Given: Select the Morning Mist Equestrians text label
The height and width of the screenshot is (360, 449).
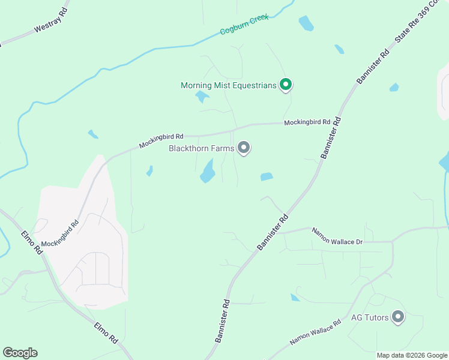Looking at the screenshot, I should (228, 85).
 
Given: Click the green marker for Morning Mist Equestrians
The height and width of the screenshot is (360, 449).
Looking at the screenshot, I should (286, 85).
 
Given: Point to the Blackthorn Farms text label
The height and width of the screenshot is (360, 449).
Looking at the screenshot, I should (202, 148).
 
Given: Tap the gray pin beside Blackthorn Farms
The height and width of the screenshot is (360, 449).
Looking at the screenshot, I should (244, 148).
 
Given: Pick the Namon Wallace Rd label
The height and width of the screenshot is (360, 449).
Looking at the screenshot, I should (315, 332).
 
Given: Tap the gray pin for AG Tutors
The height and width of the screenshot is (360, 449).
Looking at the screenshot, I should (397, 317).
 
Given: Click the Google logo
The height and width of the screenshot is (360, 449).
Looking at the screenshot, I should (20, 353).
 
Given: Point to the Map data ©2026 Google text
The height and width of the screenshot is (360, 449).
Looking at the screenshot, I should (411, 355).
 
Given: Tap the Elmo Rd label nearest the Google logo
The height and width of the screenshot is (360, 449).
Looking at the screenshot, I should (106, 333).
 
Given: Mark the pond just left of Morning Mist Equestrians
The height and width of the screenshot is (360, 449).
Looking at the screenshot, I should (202, 97).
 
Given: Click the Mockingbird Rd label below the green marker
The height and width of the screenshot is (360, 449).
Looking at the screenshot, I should (307, 122).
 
